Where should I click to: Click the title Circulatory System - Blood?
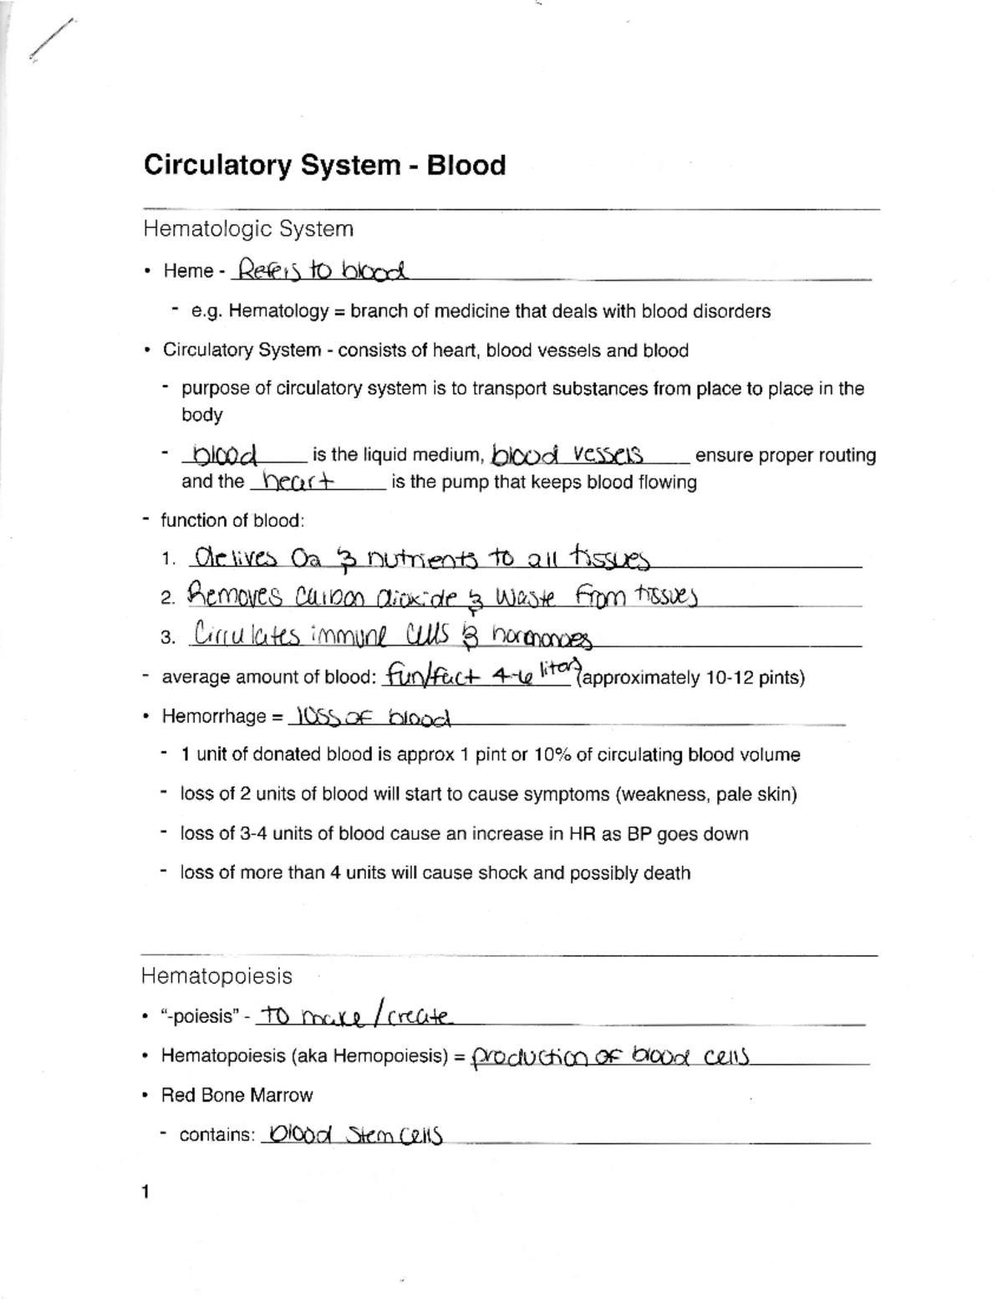tap(324, 165)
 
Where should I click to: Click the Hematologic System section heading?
tap(247, 228)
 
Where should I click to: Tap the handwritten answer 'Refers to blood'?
tap(322, 270)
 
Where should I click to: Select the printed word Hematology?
tap(278, 311)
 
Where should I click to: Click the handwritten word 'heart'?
tap(297, 482)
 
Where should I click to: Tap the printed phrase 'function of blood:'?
tap(232, 520)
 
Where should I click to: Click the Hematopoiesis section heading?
tap(216, 976)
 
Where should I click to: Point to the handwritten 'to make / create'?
tap(355, 1016)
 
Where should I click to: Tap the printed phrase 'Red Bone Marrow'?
tap(237, 1095)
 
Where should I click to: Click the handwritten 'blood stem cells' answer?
tap(351, 1135)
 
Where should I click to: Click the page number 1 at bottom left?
tap(145, 1192)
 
